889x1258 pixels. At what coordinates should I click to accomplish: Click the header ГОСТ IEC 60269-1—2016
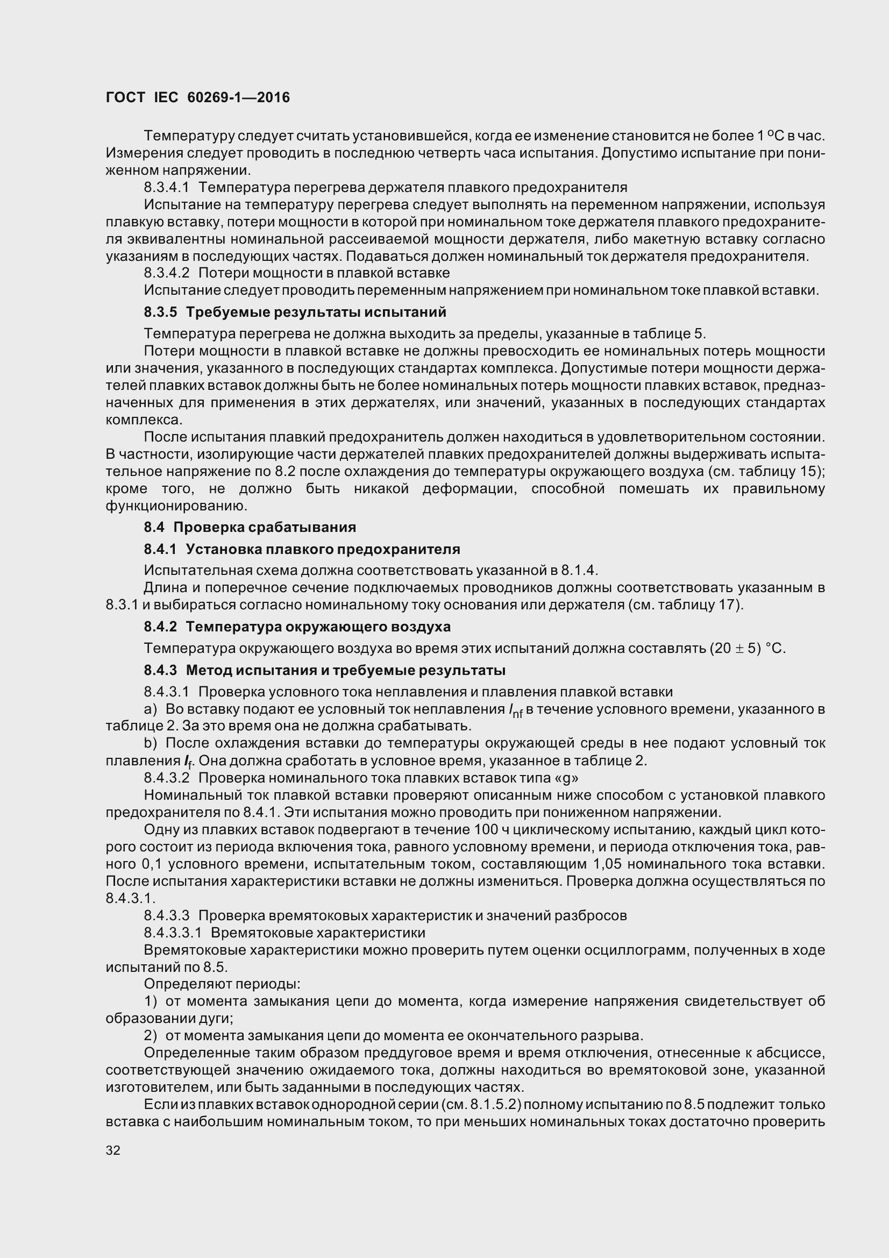[197, 97]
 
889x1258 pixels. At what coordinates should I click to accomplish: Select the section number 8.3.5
[160, 312]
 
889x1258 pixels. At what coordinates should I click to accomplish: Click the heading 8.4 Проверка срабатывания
[250, 527]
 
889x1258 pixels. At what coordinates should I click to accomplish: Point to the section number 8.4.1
[160, 549]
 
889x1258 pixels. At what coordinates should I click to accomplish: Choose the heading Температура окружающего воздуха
[318, 626]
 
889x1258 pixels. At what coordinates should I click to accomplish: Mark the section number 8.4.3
[160, 670]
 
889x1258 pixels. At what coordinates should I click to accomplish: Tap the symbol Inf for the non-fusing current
[515, 711]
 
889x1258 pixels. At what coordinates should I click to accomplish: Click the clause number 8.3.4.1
[167, 187]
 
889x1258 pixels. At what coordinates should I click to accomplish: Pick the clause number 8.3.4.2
[167, 273]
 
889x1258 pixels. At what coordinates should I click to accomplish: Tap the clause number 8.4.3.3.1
[173, 933]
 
